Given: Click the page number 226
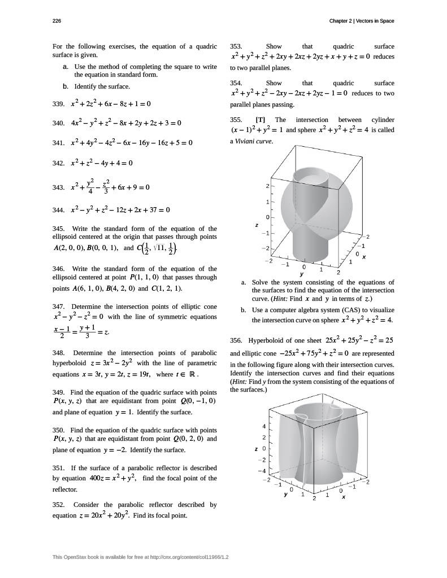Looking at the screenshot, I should [57, 21].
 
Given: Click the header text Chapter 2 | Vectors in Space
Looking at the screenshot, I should [362, 21].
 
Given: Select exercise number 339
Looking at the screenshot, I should [59, 104].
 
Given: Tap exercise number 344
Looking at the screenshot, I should [59, 211].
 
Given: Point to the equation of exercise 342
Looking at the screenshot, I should [101, 163].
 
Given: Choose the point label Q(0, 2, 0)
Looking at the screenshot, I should [191, 439].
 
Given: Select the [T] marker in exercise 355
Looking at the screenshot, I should [261, 120].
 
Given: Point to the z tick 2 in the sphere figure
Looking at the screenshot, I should [267, 186].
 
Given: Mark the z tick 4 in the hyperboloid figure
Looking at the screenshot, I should [263, 426].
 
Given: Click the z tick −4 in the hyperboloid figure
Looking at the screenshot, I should [262, 470].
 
